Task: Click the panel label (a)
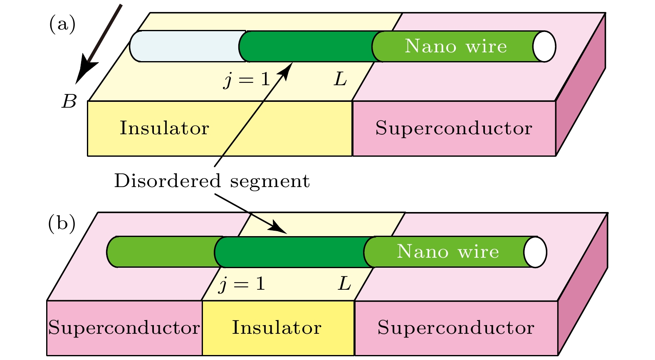(62, 24)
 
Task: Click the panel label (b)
(62, 224)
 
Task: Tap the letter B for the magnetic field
(69, 101)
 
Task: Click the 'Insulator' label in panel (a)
(164, 128)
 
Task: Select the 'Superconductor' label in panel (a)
(454, 128)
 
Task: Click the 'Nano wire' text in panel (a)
(456, 46)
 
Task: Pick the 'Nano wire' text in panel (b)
(448, 252)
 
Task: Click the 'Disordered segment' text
(212, 181)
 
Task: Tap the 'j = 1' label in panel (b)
(242, 284)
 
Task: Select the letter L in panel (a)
(341, 79)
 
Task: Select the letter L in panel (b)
(344, 284)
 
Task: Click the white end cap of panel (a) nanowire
(544, 46)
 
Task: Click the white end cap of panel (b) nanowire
(535, 252)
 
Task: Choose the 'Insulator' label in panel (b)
(277, 328)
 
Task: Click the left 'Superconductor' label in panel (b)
(124, 328)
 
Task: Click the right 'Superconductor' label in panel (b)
(456, 328)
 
